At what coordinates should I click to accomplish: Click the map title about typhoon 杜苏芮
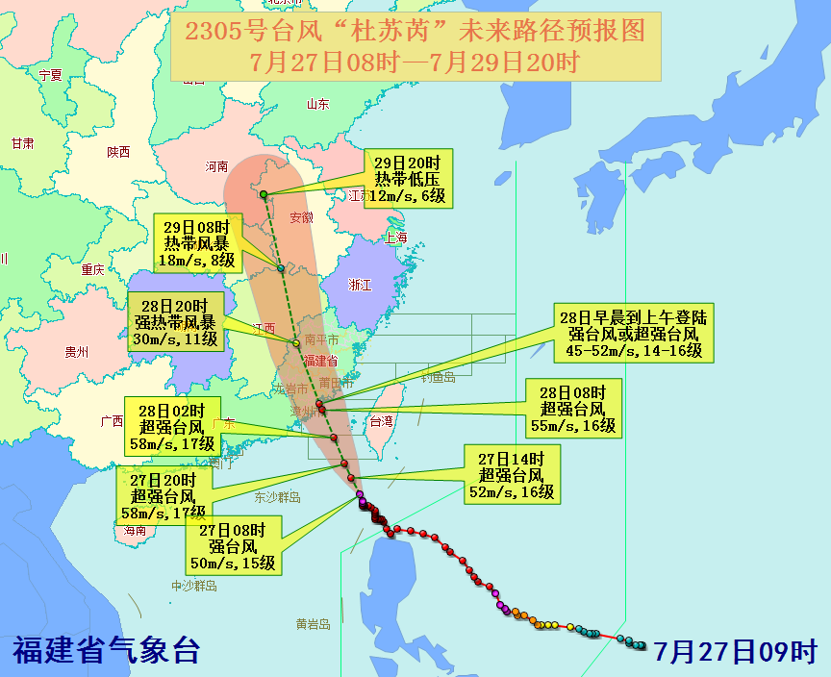pyautogui.click(x=415, y=46)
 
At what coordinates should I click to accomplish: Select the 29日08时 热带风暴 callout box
pyautogui.click(x=199, y=243)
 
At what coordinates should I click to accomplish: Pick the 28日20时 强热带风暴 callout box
pyautogui.click(x=176, y=323)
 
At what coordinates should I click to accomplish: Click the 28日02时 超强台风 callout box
pyautogui.click(x=173, y=426)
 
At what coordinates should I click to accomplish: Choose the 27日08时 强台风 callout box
pyautogui.click(x=238, y=543)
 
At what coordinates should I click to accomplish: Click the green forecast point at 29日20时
pyautogui.click(x=264, y=195)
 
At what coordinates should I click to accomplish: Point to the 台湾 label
pyautogui.click(x=381, y=420)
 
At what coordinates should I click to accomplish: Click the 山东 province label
pyautogui.click(x=317, y=104)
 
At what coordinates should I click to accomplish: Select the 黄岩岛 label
pyautogui.click(x=313, y=624)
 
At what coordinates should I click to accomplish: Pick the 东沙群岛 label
pyautogui.click(x=278, y=497)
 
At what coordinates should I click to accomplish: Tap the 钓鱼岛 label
pyautogui.click(x=438, y=378)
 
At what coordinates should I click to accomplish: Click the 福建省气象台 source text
pyautogui.click(x=106, y=651)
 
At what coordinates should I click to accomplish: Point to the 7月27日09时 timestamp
pyautogui.click(x=735, y=651)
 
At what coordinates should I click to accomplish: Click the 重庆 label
pyautogui.click(x=93, y=269)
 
